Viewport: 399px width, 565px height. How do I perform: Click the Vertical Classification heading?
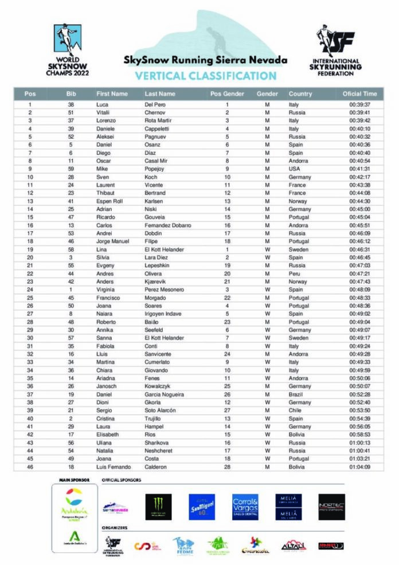206,75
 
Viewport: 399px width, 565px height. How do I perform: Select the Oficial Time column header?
359,93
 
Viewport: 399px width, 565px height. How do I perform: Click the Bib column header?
71,93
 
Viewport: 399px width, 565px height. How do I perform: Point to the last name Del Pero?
155,105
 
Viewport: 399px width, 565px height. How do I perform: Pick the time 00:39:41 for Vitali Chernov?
359,113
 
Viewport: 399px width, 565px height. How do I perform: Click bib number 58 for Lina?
71,250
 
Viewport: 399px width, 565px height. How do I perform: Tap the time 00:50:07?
359,387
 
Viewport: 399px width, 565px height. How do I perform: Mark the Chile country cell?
295,411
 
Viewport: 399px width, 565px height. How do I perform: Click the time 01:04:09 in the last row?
359,467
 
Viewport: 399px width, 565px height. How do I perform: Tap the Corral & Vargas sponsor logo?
246,507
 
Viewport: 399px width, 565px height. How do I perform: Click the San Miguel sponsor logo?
202,507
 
